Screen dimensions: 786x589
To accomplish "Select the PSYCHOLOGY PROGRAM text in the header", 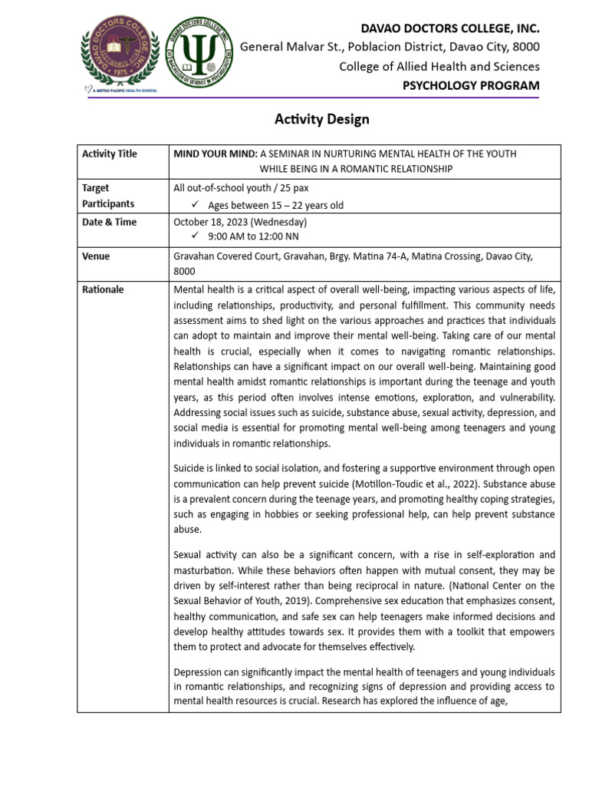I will click(471, 85).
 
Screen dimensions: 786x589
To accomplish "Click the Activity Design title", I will click(322, 119).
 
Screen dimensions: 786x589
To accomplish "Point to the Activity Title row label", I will click(110, 154).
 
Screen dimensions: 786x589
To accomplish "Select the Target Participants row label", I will click(108, 196).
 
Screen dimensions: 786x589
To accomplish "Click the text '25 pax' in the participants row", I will click(295, 188).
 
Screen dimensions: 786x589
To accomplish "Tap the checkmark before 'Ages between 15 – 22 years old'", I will click(194, 205).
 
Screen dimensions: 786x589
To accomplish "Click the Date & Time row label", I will click(110, 222).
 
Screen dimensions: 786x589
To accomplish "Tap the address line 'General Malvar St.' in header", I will click(287, 48).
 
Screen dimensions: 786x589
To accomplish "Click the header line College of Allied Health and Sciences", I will click(439, 67).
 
